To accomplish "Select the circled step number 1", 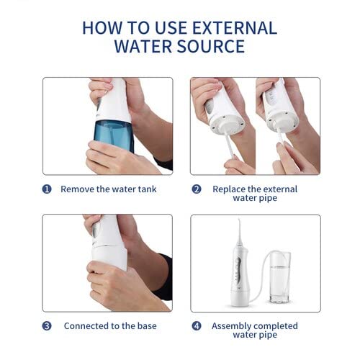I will coord(47,189).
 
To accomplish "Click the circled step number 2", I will coord(196,189).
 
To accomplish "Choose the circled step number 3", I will coord(47,325).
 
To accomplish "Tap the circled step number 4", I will coord(196,325).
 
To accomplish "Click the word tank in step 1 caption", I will coord(145,189).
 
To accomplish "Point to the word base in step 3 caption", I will coord(148,325).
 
